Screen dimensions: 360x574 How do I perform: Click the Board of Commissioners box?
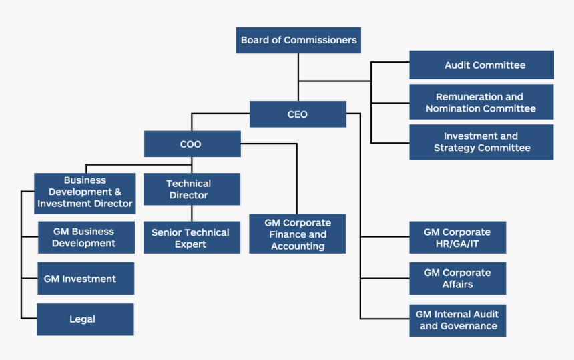point(298,40)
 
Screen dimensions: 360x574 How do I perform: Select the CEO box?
point(298,114)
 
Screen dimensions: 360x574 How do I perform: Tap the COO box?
point(192,144)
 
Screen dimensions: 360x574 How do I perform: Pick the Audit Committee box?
point(481,65)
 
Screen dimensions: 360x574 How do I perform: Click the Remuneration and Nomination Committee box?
point(481,102)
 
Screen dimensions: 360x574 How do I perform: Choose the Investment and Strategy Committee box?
point(481,142)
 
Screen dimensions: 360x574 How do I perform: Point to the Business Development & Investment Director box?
point(85,192)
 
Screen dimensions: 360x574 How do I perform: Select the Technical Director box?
point(192,189)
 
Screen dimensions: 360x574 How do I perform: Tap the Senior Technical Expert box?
point(192,238)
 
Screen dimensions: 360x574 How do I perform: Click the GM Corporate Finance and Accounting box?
point(298,234)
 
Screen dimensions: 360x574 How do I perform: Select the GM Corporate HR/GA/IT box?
point(458,238)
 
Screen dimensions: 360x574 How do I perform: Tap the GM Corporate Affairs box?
point(458,279)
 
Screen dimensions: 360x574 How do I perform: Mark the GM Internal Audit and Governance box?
point(458,320)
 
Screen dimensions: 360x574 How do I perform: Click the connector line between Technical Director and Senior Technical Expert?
point(192,214)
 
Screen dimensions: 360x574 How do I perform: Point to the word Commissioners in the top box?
point(320,40)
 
